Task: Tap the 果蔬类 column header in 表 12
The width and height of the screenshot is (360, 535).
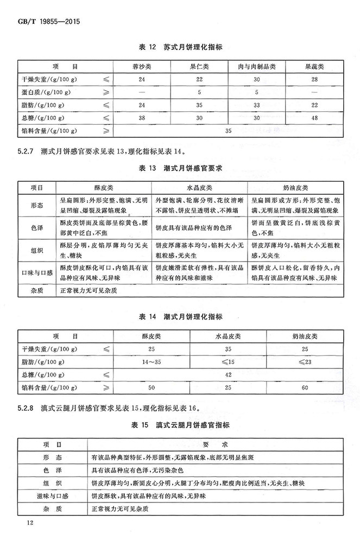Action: click(x=313, y=67)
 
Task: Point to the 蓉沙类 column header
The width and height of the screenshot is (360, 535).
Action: click(x=142, y=67)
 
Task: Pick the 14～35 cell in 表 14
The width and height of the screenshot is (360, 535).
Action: click(x=151, y=360)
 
